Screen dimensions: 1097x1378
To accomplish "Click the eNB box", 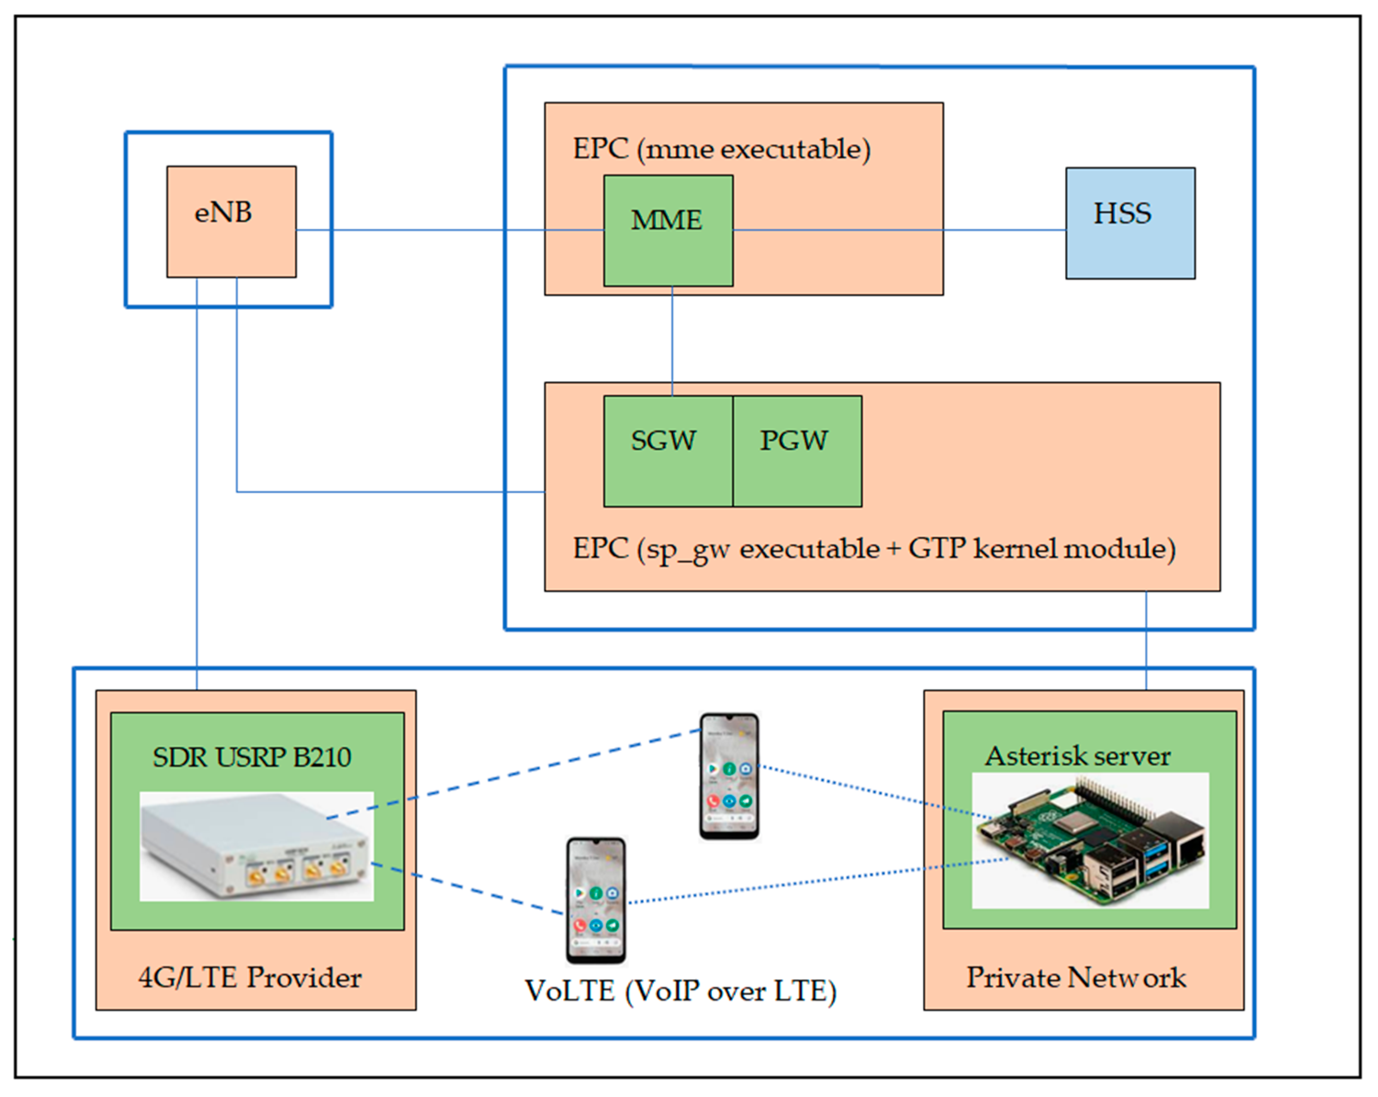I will (231, 222).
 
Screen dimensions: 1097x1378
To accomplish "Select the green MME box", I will (668, 231).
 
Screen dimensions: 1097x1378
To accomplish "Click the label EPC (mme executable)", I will (721, 150).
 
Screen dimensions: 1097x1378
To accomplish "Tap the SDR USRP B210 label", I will (252, 758).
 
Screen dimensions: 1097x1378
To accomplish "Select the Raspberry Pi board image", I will (1090, 840).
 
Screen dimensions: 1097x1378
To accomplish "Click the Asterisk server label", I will (1077, 756).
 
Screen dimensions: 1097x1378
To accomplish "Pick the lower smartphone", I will (596, 900).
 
